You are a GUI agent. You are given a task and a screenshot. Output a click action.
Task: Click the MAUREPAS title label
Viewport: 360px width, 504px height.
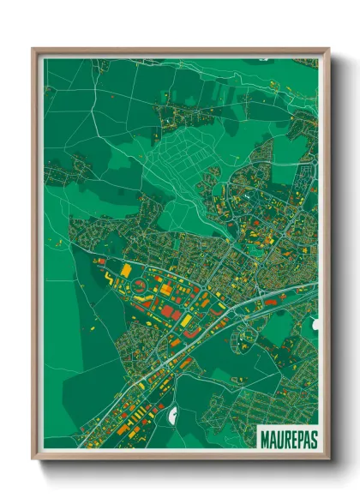tap(285, 435)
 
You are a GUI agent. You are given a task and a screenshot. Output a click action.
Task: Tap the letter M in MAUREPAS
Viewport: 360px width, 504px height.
tap(263, 435)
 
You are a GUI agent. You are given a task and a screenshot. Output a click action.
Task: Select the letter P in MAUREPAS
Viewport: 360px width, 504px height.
tap(296, 435)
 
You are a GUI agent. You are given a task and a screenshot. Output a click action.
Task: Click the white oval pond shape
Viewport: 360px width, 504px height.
tap(174, 417)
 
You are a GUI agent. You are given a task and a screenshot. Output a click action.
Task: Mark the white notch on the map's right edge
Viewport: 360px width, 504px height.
tap(315, 327)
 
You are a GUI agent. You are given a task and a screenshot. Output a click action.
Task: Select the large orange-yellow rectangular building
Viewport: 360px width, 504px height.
tap(126, 271)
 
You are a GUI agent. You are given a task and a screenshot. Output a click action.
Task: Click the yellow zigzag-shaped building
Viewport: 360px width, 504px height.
tap(109, 279)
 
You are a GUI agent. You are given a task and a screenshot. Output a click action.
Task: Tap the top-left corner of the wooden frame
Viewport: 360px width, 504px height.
tap(33, 50)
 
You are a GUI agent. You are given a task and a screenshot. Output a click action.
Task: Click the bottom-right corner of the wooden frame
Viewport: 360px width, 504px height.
tap(328, 458)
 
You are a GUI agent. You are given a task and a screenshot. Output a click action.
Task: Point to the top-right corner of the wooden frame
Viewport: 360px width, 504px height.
tap(328, 50)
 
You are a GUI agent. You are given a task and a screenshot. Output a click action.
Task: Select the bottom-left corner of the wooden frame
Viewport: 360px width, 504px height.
tap(33, 458)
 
